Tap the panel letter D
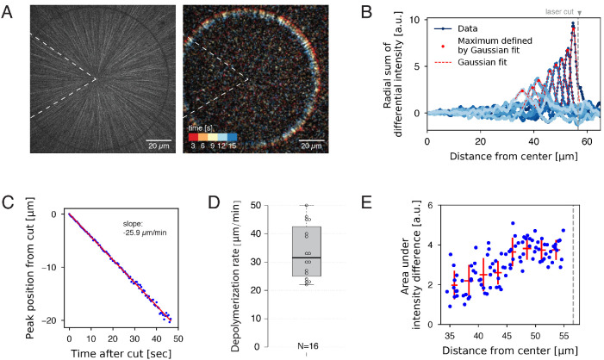214,204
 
